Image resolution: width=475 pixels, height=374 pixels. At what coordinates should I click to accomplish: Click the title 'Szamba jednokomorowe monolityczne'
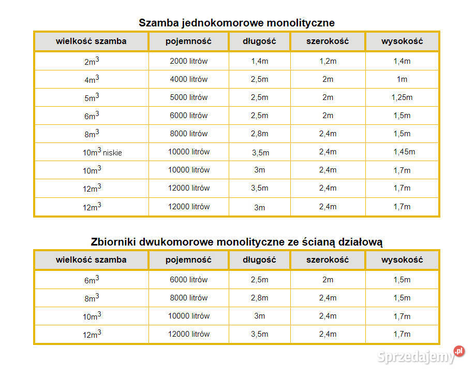pyautogui.click(x=236, y=23)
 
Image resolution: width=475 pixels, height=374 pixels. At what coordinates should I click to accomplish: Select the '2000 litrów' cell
pyautogui.click(x=188, y=61)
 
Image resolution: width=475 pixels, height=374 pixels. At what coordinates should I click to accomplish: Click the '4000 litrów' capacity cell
pyautogui.click(x=188, y=79)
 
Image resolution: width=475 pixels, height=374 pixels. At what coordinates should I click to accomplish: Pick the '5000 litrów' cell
pyautogui.click(x=188, y=97)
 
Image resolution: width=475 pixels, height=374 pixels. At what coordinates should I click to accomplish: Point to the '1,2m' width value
pyautogui.click(x=328, y=61)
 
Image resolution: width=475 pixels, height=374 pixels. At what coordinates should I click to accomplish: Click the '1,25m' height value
pyautogui.click(x=402, y=97)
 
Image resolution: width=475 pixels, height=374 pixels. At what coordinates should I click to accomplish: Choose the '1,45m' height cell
pyautogui.click(x=404, y=152)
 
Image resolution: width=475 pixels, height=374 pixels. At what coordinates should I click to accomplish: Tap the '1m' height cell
pyautogui.click(x=402, y=79)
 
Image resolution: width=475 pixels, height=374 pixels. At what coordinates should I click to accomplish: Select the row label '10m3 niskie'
pyautogui.click(x=102, y=152)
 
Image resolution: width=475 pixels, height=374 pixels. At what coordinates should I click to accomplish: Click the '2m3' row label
pyautogui.click(x=92, y=61)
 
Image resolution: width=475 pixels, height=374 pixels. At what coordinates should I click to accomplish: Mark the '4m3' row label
pyautogui.click(x=92, y=79)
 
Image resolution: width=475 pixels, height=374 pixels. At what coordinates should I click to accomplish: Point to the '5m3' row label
pyautogui.click(x=92, y=97)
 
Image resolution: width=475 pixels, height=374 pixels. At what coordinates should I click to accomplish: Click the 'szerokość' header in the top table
pyautogui.click(x=328, y=41)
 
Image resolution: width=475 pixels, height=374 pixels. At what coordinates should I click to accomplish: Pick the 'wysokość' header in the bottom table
pyautogui.click(x=402, y=260)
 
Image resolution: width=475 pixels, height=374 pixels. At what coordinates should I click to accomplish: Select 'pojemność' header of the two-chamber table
pyautogui.click(x=188, y=260)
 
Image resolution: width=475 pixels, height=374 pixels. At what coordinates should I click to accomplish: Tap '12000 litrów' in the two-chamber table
pyautogui.click(x=188, y=334)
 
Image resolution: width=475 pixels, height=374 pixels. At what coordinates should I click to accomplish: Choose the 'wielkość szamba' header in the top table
pyautogui.click(x=91, y=41)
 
